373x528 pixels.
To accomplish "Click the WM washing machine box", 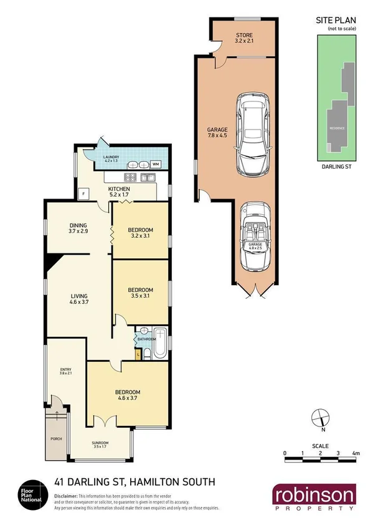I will pyautogui.click(x=156, y=164).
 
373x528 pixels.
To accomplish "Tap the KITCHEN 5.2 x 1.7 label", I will pyautogui.click(x=119, y=191).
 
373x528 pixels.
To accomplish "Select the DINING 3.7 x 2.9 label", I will pyautogui.click(x=78, y=229).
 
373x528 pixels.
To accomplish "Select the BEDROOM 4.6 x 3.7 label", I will pyautogui.click(x=128, y=395).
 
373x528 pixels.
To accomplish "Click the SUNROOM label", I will pyautogui.click(x=100, y=444).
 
